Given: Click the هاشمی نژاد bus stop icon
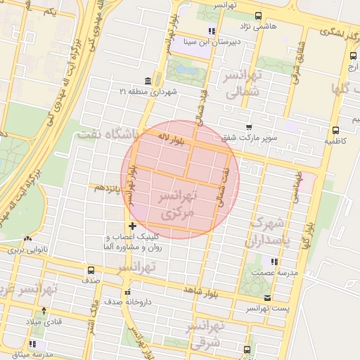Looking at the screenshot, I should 258,15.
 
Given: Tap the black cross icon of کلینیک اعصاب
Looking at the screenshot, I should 132,226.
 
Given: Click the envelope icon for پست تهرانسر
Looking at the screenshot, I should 287,297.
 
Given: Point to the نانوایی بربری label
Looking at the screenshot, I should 26,250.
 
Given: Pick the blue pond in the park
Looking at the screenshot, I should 187,70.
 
